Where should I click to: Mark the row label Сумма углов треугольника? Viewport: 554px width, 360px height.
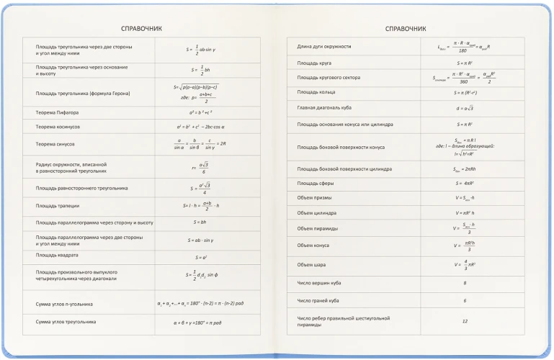click(66, 321)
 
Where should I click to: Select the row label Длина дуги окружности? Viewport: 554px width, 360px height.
click(324, 47)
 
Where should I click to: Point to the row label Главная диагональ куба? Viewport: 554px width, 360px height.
click(326, 107)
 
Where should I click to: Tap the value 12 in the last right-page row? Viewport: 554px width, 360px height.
click(465, 320)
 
